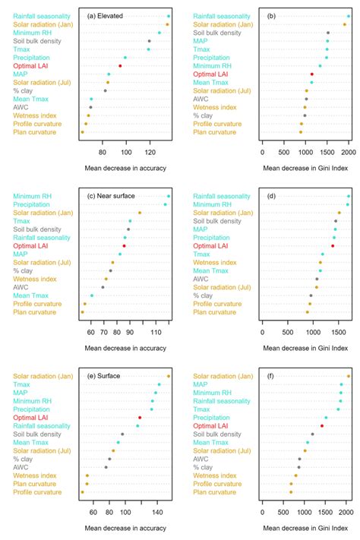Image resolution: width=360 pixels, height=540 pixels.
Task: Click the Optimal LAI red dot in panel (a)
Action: point(120,66)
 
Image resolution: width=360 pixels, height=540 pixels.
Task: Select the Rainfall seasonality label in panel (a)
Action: point(43,16)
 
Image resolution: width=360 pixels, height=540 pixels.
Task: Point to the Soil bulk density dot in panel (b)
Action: point(328,33)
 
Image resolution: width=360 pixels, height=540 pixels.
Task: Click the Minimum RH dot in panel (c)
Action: point(169,196)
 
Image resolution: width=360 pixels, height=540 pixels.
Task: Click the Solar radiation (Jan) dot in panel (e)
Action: point(169,376)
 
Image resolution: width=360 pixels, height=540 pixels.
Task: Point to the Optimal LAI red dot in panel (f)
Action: point(322,426)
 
